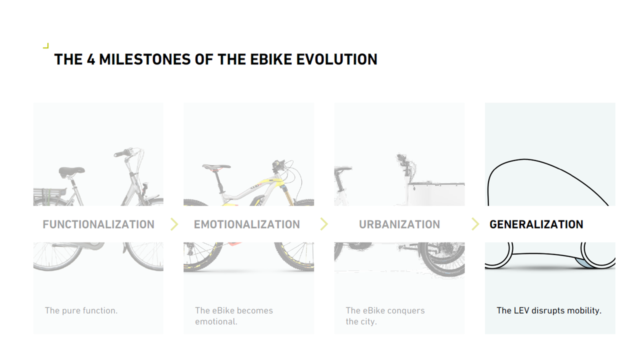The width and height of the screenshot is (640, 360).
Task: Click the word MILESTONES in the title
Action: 144,59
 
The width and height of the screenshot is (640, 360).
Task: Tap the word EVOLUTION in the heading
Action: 336,59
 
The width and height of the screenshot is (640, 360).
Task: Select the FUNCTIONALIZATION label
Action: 98,224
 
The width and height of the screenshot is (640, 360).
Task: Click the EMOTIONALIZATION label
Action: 247,224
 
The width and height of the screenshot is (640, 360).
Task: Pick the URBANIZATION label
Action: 399,224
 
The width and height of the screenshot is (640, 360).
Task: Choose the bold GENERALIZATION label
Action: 536,224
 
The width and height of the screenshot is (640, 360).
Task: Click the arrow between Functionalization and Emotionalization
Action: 174,224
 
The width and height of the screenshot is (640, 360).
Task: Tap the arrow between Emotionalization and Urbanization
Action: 324,224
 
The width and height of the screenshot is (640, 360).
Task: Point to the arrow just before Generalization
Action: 475,224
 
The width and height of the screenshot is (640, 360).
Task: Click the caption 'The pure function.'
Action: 81,310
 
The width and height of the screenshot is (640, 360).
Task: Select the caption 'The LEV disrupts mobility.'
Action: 549,310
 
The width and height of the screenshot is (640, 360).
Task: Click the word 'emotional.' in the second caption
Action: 216,321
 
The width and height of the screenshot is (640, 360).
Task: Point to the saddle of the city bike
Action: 71,171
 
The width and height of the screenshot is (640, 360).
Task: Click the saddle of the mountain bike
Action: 216,167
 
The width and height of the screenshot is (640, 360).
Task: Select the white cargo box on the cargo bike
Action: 436,193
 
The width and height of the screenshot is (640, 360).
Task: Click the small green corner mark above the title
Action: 46,46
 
